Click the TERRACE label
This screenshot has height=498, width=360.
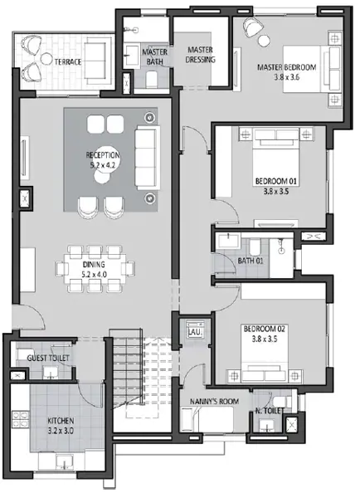(x=68, y=61)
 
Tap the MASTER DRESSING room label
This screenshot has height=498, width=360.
(x=200, y=55)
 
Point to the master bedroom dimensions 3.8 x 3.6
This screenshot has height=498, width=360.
(x=287, y=77)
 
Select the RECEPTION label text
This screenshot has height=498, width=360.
(x=103, y=155)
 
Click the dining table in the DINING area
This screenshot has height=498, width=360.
(x=95, y=269)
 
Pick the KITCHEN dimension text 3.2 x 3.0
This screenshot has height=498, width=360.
(x=61, y=431)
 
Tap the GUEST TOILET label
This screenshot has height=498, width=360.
(x=48, y=358)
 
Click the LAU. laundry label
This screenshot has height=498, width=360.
(x=195, y=332)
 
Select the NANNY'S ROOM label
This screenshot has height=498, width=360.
(x=214, y=402)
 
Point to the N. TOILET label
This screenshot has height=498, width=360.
(x=268, y=411)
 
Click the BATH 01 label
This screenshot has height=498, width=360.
(x=251, y=261)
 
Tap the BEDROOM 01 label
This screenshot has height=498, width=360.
(x=276, y=181)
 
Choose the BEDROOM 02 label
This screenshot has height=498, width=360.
(x=264, y=329)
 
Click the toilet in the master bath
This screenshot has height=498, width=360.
(x=152, y=79)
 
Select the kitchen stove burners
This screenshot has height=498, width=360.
(x=20, y=419)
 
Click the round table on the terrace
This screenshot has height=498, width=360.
(x=46, y=59)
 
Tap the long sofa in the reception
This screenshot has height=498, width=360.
(x=147, y=158)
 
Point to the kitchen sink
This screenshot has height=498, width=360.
(x=65, y=462)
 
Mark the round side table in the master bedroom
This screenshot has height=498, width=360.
(x=264, y=41)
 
